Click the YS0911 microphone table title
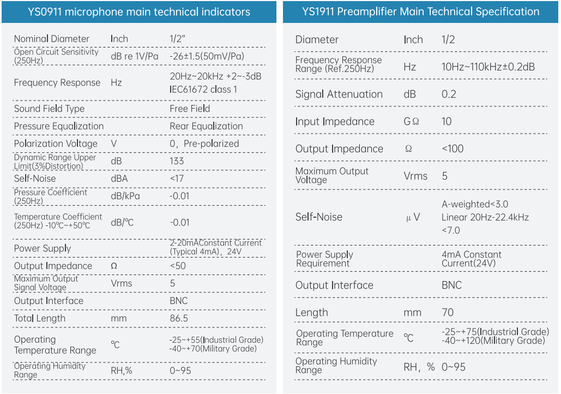[x=139, y=12]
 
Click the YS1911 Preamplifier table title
[x=421, y=12]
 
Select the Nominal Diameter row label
[x=52, y=39]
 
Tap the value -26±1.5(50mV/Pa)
[x=207, y=56]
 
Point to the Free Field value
[x=190, y=109]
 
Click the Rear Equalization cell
[x=206, y=126]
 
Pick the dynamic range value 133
[x=177, y=161]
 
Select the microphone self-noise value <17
[x=177, y=178]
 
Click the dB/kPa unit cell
[x=125, y=196]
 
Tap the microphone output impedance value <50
[x=178, y=266]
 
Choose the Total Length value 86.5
[x=179, y=318]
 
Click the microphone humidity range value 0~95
[x=180, y=371]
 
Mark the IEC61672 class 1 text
[x=203, y=89]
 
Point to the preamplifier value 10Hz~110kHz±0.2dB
[x=488, y=67]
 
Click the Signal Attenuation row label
[x=339, y=94]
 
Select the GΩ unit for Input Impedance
[x=411, y=121]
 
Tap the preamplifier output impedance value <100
[x=453, y=148]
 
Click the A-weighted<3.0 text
[x=475, y=204]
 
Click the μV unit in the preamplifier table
[x=413, y=217]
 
